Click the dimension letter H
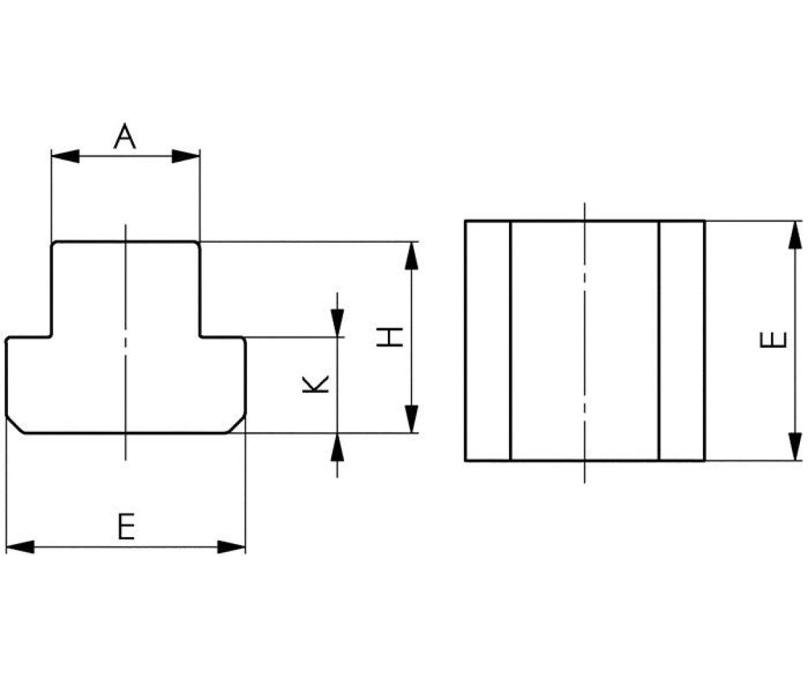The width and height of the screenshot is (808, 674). tap(390, 337)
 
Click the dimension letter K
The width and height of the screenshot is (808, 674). tap(315, 384)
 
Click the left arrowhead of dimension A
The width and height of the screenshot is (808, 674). tap(65, 156)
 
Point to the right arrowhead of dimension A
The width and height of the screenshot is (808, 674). tap(187, 156)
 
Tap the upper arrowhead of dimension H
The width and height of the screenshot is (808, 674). tap(411, 255)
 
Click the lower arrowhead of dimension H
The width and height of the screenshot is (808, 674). tap(411, 419)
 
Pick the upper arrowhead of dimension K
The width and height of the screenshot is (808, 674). tap(337, 322)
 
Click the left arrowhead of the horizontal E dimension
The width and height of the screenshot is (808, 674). tap(20, 547)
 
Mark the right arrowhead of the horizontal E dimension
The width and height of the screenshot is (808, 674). tap(232, 547)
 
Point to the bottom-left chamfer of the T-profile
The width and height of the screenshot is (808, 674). tap(15, 425)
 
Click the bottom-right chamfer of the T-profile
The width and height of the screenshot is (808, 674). tap(236, 425)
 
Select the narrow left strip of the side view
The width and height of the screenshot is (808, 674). tap(488, 340)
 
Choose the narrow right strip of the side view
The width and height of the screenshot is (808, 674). tap(681, 340)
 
